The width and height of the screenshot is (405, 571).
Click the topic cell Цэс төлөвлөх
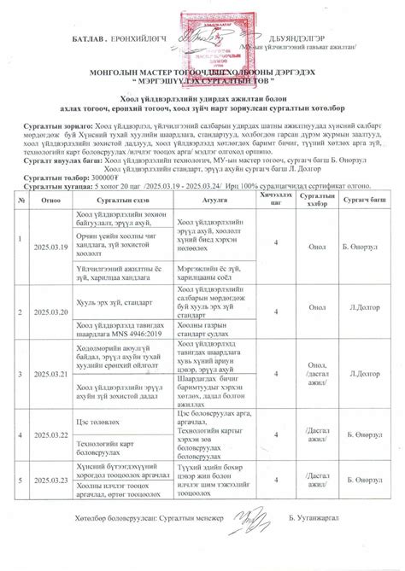[94, 421]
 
